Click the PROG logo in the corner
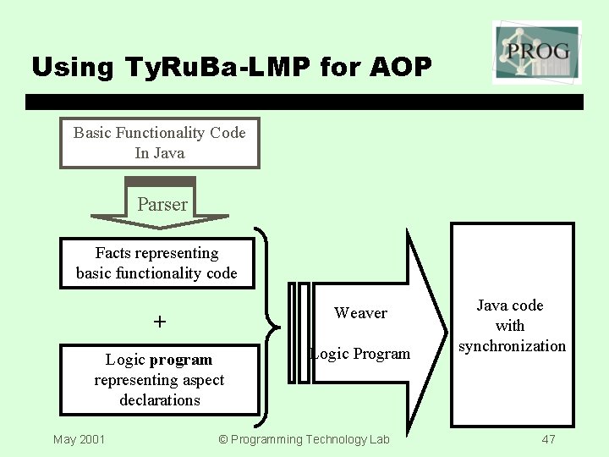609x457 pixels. click(x=536, y=51)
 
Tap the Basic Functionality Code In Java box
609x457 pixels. click(x=159, y=143)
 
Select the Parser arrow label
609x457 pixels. click(x=162, y=205)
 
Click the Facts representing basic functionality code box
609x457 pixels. click(x=156, y=263)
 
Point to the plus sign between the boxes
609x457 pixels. click(x=160, y=322)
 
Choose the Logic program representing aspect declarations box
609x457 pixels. click(x=159, y=380)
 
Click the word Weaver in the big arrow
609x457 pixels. click(x=360, y=313)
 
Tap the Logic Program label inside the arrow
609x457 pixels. click(x=360, y=354)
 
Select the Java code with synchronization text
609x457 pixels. click(x=511, y=326)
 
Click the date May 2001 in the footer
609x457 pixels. click(x=79, y=439)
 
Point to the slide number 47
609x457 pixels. click(x=548, y=439)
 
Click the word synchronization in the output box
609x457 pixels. click(x=512, y=346)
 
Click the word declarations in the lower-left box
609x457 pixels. click(x=159, y=400)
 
